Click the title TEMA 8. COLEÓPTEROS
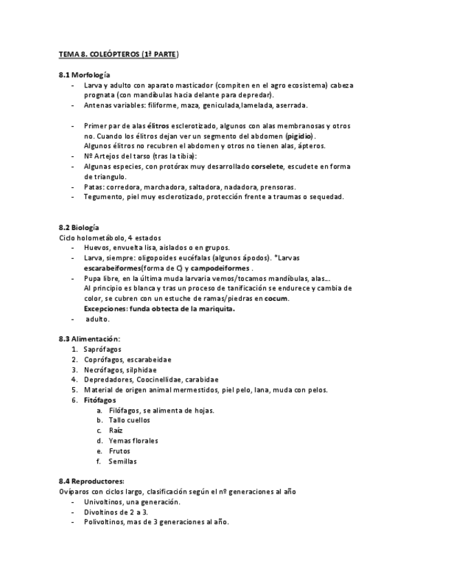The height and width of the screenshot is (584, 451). pyautogui.click(x=119, y=54)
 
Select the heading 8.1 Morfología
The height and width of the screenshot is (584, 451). pyautogui.click(x=85, y=74)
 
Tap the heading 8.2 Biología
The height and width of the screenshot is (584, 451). pyautogui.click(x=79, y=227)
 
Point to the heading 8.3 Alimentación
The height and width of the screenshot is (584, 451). pyautogui.click(x=89, y=339)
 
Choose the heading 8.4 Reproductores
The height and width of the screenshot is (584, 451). pyautogui.click(x=92, y=481)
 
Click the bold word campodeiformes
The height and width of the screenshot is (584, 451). pyautogui.click(x=220, y=268)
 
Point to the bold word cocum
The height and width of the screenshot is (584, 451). pyautogui.click(x=276, y=299)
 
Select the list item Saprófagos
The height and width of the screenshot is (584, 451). pyautogui.click(x=103, y=349)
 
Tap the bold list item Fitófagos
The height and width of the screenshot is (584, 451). pyautogui.click(x=101, y=400)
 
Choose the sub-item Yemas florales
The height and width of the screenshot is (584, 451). pyautogui.click(x=134, y=441)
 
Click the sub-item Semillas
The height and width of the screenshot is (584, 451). pyautogui.click(x=123, y=461)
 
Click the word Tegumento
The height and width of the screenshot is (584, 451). pyautogui.click(x=103, y=197)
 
